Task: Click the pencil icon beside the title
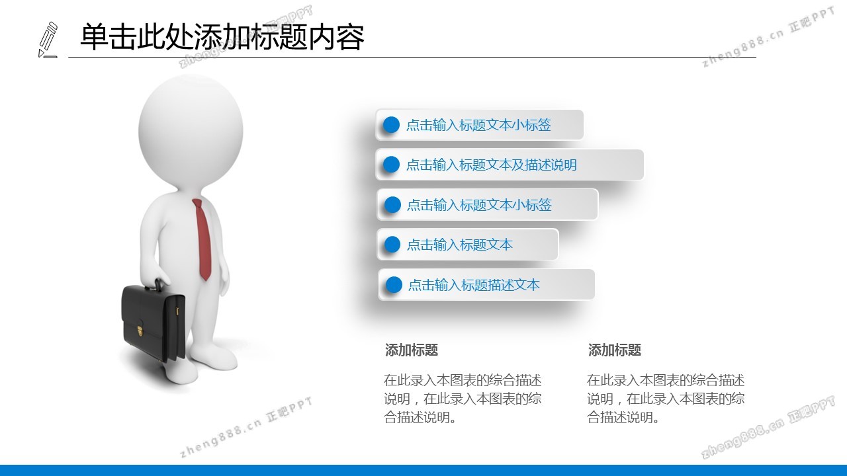tap(48, 40)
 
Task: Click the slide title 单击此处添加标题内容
tap(222, 36)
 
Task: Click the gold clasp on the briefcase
tap(140, 331)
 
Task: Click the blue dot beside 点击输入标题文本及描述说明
tap(391, 165)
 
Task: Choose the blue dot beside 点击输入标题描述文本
tap(394, 285)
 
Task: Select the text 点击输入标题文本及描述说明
tap(492, 165)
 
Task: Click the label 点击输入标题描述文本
tap(474, 285)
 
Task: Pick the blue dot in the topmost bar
tap(391, 125)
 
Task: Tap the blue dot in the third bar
tap(392, 205)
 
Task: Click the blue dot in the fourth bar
tap(392, 245)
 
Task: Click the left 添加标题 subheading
tap(412, 350)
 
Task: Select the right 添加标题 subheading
tap(615, 350)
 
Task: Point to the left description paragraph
tap(463, 399)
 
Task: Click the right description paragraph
tap(666, 399)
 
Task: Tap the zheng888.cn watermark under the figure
tap(246, 427)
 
